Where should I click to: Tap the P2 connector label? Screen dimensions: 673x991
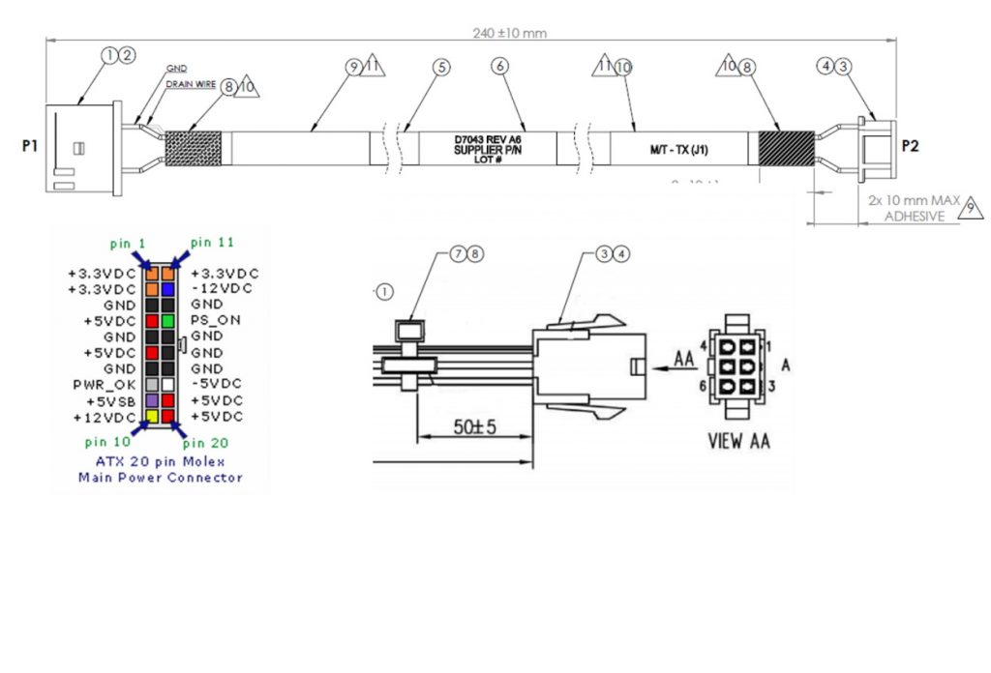910,147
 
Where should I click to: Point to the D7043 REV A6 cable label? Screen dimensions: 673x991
488,139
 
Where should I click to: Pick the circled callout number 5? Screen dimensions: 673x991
441,67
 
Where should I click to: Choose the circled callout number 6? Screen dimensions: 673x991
499,67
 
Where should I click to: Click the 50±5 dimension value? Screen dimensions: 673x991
475,427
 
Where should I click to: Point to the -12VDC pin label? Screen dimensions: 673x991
222,289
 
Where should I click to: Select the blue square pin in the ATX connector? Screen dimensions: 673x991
167,288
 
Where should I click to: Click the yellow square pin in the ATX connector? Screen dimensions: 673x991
152,417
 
